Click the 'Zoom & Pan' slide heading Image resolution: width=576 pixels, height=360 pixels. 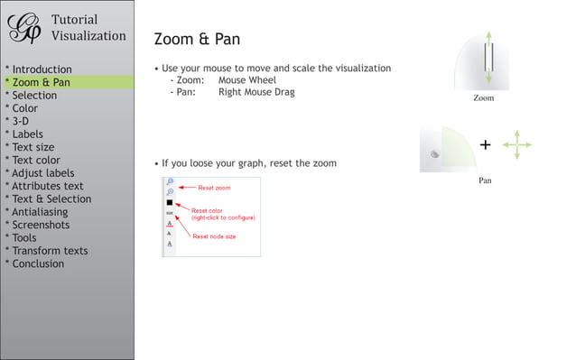pos(197,40)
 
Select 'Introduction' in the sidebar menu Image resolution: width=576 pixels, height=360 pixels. pos(41,69)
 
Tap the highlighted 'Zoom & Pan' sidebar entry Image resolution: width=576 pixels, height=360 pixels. pos(40,82)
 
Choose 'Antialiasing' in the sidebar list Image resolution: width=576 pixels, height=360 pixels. pos(42,212)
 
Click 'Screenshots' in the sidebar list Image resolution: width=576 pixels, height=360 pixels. pos(41,225)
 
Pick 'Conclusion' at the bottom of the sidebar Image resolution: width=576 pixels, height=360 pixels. pos(37,263)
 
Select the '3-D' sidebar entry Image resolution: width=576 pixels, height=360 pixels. pos(19,121)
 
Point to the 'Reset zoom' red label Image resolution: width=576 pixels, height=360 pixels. pos(214,188)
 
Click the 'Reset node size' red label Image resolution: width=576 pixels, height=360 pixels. pos(216,236)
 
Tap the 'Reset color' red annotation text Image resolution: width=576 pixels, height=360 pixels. pos(207,210)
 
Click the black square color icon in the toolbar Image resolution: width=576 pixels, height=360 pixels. pos(170,203)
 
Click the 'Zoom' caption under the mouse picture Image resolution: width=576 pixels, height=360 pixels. pos(484,98)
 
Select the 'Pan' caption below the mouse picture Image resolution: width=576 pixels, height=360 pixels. pos(485,180)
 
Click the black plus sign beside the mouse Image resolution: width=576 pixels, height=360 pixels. pos(486,144)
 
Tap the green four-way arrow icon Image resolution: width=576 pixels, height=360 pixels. pos(516,144)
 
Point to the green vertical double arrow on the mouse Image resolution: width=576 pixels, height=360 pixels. pos(488,58)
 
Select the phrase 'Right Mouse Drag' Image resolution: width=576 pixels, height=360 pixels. pos(256,92)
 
